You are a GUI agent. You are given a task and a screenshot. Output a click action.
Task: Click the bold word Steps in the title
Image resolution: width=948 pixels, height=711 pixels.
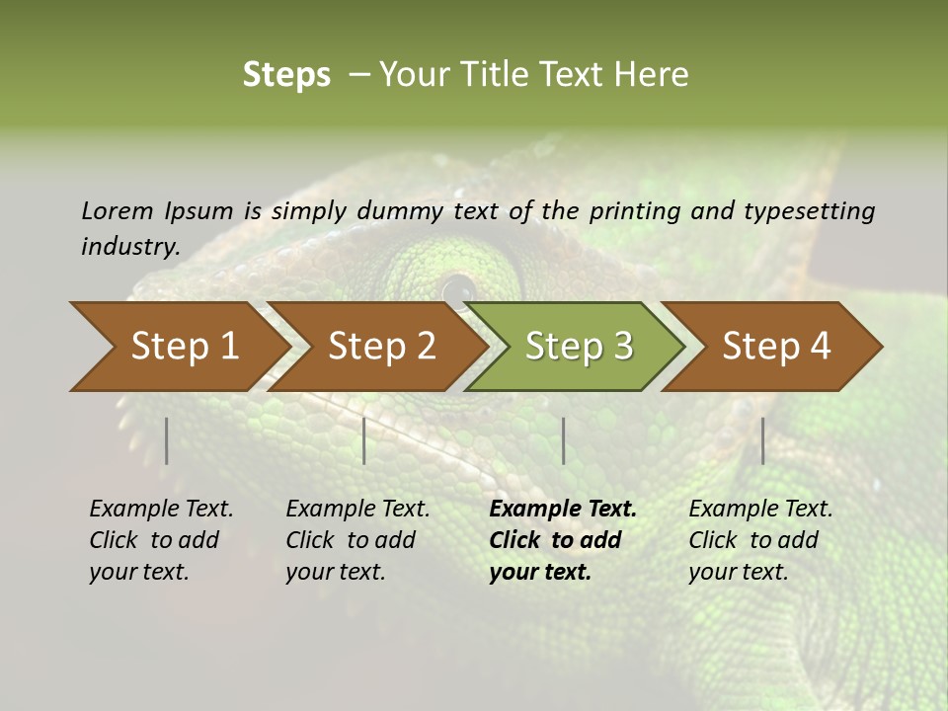coord(286,75)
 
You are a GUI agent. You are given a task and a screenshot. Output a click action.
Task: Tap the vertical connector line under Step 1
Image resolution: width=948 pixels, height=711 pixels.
coord(167,440)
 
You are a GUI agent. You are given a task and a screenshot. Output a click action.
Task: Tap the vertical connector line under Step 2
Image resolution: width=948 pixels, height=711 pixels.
coord(364,440)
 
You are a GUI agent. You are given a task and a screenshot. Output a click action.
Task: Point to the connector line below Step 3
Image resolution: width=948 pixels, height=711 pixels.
coord(564,440)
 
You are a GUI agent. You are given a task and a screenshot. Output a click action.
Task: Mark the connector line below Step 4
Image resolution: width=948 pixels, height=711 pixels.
coord(763,440)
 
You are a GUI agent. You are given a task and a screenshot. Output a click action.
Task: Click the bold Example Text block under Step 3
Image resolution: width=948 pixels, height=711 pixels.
coord(563,540)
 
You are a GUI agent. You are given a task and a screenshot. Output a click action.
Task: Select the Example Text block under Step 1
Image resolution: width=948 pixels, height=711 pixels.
coord(161,540)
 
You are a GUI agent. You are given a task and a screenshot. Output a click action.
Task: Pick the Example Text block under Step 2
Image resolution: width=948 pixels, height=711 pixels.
coord(357,540)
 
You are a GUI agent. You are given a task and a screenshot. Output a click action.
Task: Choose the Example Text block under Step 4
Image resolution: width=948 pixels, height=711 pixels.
coord(760,540)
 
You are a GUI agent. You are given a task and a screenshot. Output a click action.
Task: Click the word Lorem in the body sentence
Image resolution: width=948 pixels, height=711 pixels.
coord(118,211)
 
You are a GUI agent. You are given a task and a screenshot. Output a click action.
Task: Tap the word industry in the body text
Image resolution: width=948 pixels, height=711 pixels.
coord(129,247)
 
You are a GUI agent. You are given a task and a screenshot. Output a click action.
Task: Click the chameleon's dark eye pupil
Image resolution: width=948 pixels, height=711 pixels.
coord(457,290)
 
